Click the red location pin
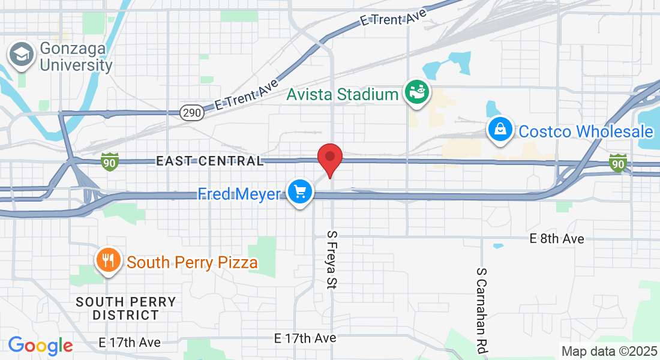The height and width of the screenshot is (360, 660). click(x=329, y=157)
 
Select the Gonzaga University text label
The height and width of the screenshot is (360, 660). click(x=76, y=57)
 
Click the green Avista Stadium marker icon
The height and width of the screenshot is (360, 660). click(x=416, y=92)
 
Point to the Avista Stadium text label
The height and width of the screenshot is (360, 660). click(x=343, y=94)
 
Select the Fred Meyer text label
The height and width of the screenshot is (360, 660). click(x=239, y=194)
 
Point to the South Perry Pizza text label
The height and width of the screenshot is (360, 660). click(x=193, y=262)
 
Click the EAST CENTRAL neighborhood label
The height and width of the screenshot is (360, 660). click(x=209, y=161)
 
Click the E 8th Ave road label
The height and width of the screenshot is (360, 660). click(x=557, y=239)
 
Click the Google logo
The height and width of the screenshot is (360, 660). click(x=40, y=345)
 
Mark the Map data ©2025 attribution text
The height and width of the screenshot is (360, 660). click(x=609, y=351)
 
